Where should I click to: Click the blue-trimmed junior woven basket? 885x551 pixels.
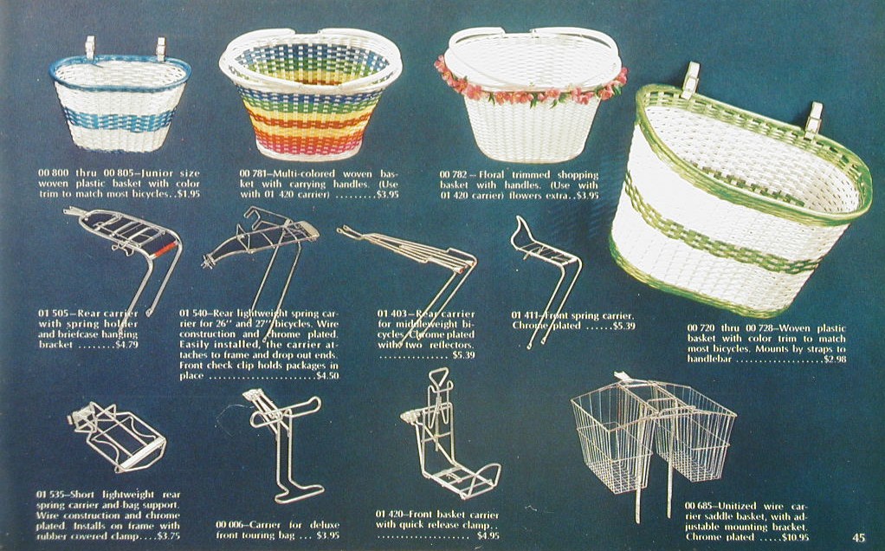point(120,104)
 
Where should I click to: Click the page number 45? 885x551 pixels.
point(857,537)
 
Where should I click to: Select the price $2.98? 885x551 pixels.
point(835,359)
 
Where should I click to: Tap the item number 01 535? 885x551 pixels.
point(52,495)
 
